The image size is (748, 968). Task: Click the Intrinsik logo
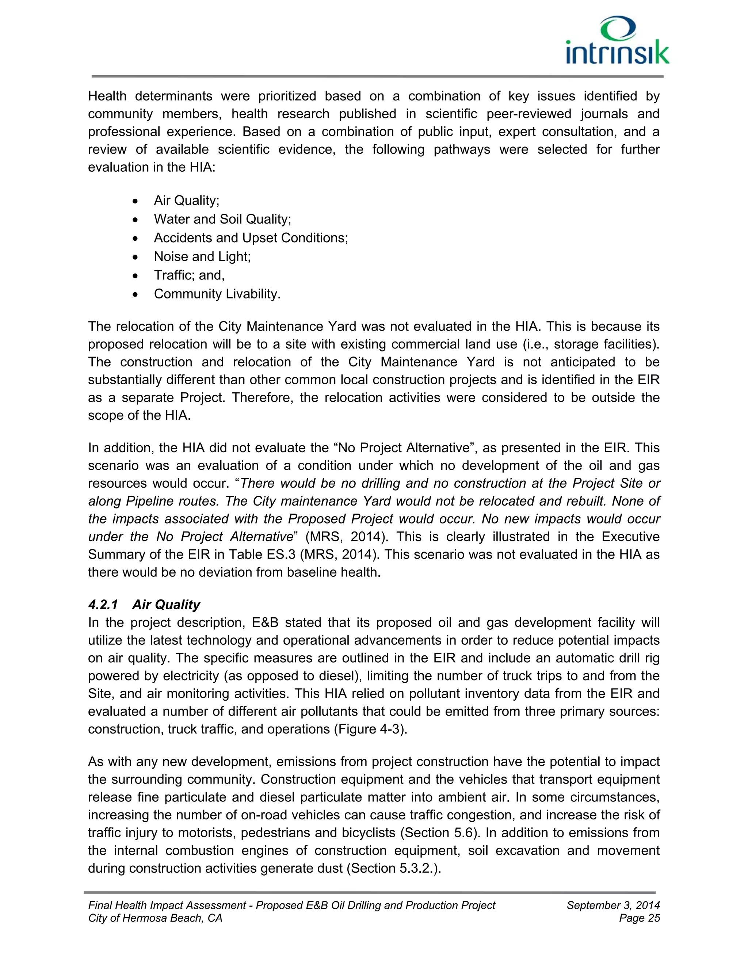pyautogui.click(x=617, y=41)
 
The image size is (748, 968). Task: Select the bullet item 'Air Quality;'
pyautogui.click(x=187, y=201)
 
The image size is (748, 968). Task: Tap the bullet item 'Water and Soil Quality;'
pyautogui.click(x=222, y=220)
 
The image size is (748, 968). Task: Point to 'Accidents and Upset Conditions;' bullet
pyautogui.click(x=251, y=238)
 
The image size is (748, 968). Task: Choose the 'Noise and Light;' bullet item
pyautogui.click(x=202, y=257)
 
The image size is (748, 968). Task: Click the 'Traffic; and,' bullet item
pyautogui.click(x=189, y=275)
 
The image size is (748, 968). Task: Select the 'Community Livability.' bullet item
pyautogui.click(x=217, y=294)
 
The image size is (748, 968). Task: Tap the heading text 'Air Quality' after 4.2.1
pyautogui.click(x=166, y=605)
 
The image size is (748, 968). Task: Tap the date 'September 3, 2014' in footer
pyautogui.click(x=613, y=906)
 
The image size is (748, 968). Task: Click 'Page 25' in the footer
pyautogui.click(x=640, y=918)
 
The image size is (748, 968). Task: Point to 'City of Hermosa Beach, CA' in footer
pyautogui.click(x=155, y=918)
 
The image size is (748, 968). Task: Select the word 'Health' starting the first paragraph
pyautogui.click(x=107, y=96)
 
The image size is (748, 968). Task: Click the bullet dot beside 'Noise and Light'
pyautogui.click(x=136, y=257)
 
